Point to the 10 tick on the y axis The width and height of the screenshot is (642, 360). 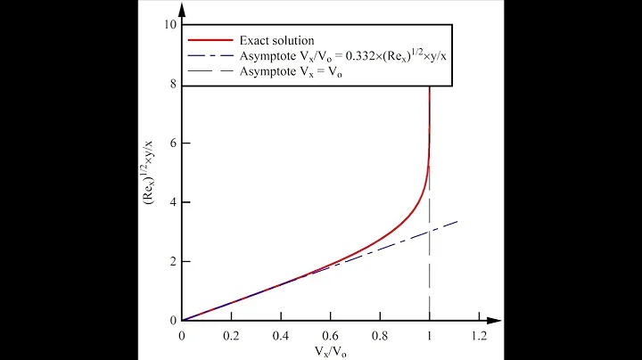(169, 24)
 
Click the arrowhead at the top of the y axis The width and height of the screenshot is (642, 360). (182, 7)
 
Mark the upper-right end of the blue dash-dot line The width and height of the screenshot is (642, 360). (457, 221)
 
